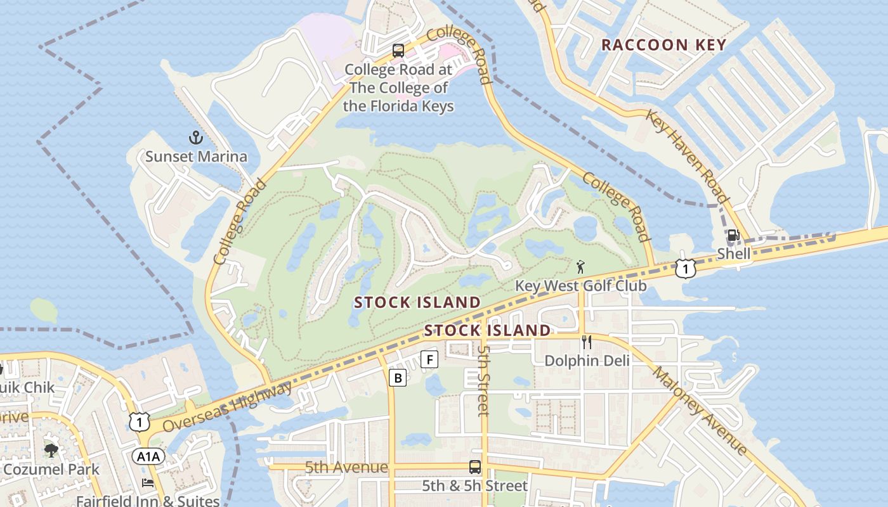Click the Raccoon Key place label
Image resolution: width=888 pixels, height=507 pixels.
pyautogui.click(x=663, y=45)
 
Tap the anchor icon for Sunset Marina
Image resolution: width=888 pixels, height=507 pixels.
pyautogui.click(x=196, y=138)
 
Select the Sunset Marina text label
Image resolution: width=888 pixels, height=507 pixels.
pyautogui.click(x=196, y=156)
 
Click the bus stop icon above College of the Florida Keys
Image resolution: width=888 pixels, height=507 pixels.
pyautogui.click(x=398, y=51)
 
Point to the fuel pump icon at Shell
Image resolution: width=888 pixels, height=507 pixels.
pyautogui.click(x=733, y=235)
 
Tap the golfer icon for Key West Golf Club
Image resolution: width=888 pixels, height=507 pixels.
pyautogui.click(x=580, y=267)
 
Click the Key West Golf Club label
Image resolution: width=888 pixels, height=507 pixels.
pyautogui.click(x=580, y=286)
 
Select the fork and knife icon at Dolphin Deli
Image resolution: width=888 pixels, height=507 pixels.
pyautogui.click(x=587, y=342)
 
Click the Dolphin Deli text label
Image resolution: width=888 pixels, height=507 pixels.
pyautogui.click(x=587, y=361)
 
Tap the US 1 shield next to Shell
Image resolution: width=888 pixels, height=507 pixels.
pyautogui.click(x=685, y=269)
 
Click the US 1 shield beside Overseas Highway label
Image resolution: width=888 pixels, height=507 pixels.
pyautogui.click(x=139, y=421)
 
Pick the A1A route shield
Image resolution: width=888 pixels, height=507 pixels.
pyautogui.click(x=148, y=456)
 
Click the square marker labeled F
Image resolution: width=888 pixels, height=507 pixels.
pyautogui.click(x=430, y=359)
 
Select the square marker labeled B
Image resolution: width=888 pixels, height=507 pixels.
pyautogui.click(x=398, y=378)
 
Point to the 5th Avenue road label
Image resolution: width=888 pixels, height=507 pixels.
pyautogui.click(x=346, y=468)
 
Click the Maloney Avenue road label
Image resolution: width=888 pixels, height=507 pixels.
pyautogui.click(x=700, y=410)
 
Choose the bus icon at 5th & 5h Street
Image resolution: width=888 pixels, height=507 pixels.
pyautogui.click(x=474, y=467)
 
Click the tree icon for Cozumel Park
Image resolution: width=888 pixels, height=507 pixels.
pyautogui.click(x=51, y=451)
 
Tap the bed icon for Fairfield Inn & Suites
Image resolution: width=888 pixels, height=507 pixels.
pyautogui.click(x=148, y=483)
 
